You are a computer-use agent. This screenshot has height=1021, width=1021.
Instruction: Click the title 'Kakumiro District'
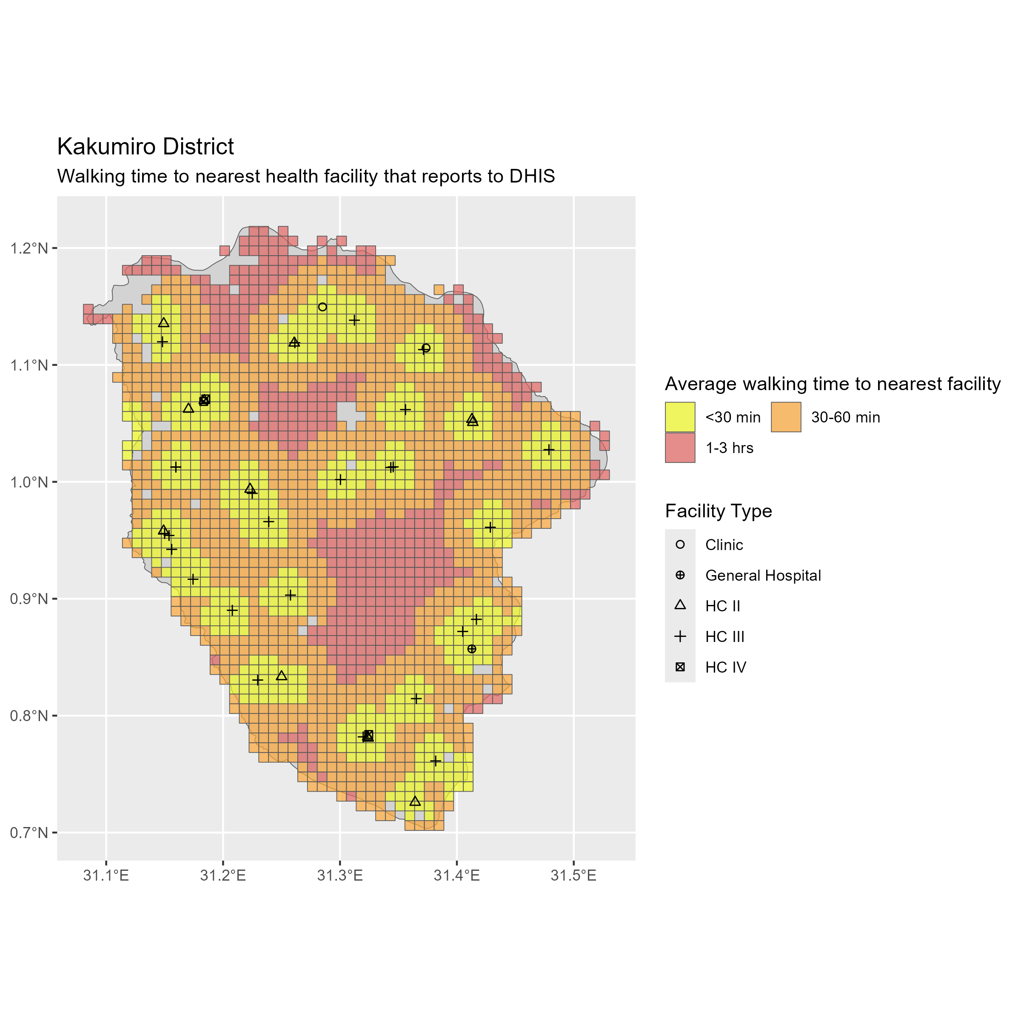click(x=145, y=147)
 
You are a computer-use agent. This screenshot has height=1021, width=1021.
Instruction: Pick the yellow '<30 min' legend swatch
click(x=680, y=417)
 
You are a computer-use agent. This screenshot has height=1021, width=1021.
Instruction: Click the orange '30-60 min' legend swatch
click(x=786, y=417)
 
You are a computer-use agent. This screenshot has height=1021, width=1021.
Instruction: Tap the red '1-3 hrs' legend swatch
click(x=680, y=448)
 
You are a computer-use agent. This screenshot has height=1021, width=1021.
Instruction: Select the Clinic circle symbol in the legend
click(x=680, y=545)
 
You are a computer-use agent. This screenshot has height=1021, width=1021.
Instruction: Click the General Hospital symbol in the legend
click(x=680, y=576)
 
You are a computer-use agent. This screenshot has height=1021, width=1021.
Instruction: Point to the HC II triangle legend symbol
click(x=680, y=606)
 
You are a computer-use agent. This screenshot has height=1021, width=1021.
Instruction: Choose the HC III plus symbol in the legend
click(x=680, y=637)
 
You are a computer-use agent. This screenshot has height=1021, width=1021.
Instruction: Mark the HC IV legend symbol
click(x=680, y=667)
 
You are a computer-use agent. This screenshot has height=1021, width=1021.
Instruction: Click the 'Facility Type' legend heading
click(x=718, y=511)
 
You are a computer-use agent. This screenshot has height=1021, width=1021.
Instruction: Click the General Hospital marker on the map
click(x=472, y=649)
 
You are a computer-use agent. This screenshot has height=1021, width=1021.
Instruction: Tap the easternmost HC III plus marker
click(x=549, y=450)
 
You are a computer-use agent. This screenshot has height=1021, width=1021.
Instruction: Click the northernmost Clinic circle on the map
click(x=322, y=307)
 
